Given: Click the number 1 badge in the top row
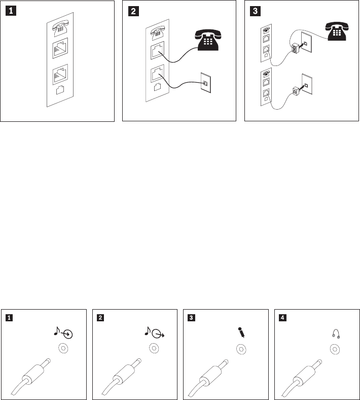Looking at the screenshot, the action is pos(11,11).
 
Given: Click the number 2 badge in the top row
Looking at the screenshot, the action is pos(133,11).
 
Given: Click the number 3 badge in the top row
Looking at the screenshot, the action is pos(255,11).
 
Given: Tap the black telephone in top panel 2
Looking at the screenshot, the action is pos(208,40).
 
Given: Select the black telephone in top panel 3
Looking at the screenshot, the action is pos(337,31).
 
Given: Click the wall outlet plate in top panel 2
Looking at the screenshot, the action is pos(206,83).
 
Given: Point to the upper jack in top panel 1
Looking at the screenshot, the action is pos(60,48).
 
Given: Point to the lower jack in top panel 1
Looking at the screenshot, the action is pos(60,75).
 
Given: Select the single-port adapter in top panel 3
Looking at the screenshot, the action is pos(296,90).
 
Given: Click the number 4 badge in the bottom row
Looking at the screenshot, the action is pos(282,318).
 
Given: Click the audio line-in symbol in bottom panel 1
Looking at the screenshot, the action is pos(63,332).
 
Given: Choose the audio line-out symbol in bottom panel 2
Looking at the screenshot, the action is pos(155,332).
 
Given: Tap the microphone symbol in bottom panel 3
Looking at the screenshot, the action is pos(241,332).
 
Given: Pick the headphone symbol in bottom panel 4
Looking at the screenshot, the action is pos(336,334).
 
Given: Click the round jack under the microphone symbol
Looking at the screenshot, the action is pos(241,349).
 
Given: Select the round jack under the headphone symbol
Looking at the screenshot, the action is pos(335,349).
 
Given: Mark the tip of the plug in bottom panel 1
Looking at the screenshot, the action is pos(49,360).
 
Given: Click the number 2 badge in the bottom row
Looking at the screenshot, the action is pos(100,318).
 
